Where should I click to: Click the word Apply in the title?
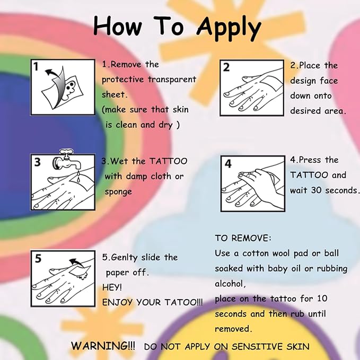(229, 29)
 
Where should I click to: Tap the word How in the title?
(118, 25)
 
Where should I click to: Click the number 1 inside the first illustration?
(36, 67)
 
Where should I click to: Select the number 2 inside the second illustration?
(226, 67)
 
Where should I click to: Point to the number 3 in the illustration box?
(38, 162)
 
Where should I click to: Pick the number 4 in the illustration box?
(228, 163)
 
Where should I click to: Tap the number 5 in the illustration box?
(38, 258)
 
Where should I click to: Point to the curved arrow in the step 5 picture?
(77, 262)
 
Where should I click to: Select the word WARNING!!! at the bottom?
(103, 346)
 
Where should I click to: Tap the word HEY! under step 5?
(112, 287)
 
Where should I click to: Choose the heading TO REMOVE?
(243, 238)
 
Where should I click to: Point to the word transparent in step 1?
(172, 80)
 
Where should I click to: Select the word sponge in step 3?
(118, 192)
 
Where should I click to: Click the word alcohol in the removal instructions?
(230, 284)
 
